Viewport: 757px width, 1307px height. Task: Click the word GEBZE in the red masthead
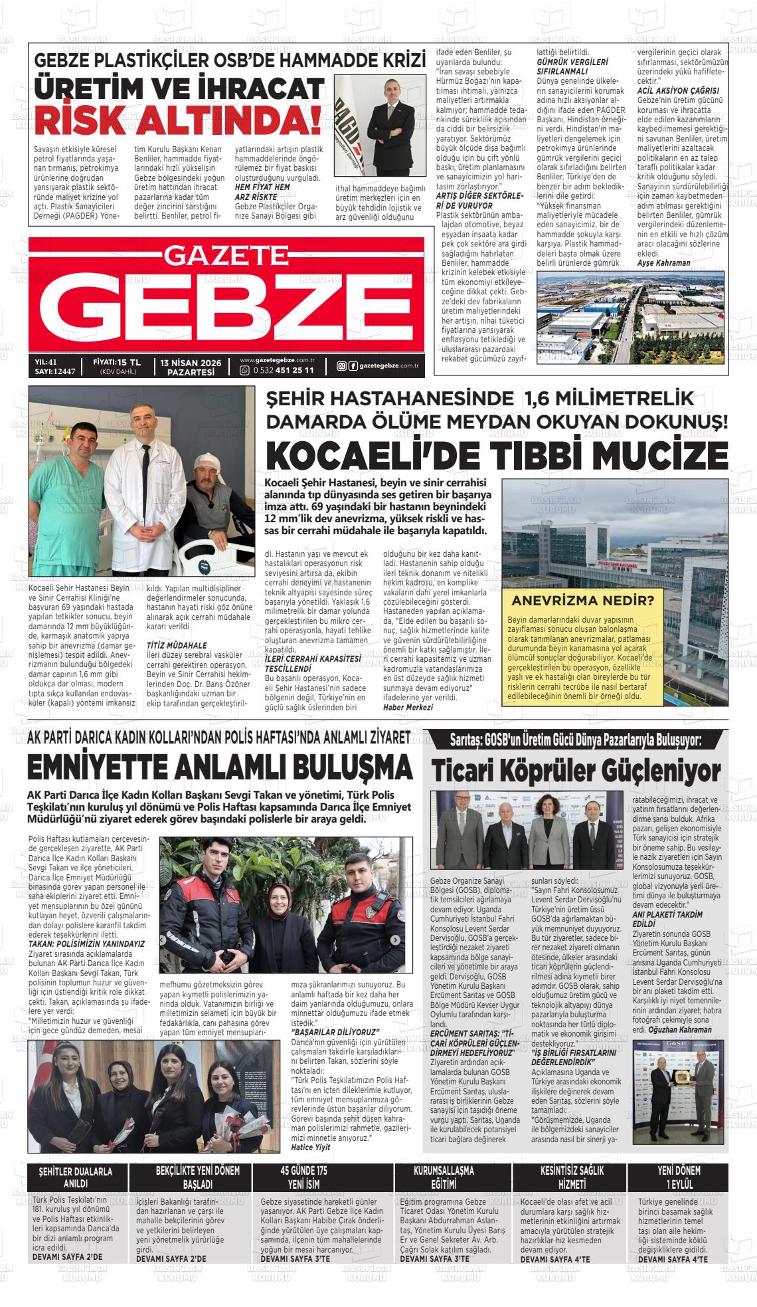coord(226,306)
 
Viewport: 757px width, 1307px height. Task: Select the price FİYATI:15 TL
coord(117,362)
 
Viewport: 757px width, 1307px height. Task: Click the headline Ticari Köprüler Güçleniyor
coord(576,771)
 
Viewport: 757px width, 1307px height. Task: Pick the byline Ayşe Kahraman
coord(664,263)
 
